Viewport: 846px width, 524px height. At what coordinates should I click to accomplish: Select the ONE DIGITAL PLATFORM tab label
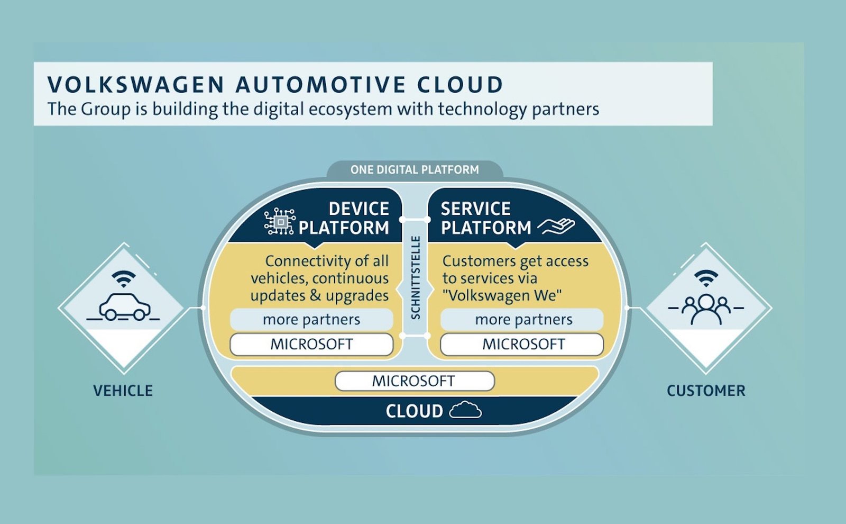click(x=415, y=170)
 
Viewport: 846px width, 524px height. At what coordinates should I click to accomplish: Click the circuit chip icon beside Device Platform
click(x=279, y=221)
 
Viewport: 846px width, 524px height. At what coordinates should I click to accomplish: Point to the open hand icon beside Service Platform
click(x=556, y=227)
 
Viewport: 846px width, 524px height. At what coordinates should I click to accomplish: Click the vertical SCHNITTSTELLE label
click(x=416, y=277)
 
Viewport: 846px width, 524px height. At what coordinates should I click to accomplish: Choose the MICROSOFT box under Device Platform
click(x=311, y=345)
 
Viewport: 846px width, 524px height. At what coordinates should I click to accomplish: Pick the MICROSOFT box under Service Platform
click(x=523, y=345)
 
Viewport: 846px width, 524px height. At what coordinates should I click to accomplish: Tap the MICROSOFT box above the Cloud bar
click(x=414, y=381)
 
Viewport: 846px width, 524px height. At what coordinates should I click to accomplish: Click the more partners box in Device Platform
click(x=311, y=320)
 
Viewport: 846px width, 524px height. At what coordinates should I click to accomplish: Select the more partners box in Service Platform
click(x=523, y=320)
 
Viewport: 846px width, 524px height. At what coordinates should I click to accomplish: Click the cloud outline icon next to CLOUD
click(x=465, y=410)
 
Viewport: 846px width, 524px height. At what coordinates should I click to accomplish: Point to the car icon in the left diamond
click(x=124, y=307)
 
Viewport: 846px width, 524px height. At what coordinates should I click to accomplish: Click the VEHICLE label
click(x=123, y=391)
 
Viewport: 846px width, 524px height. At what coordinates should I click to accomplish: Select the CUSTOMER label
click(x=706, y=391)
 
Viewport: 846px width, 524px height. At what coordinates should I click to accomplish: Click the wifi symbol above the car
click(x=124, y=278)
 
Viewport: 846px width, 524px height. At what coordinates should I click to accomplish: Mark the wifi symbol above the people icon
click(x=706, y=277)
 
